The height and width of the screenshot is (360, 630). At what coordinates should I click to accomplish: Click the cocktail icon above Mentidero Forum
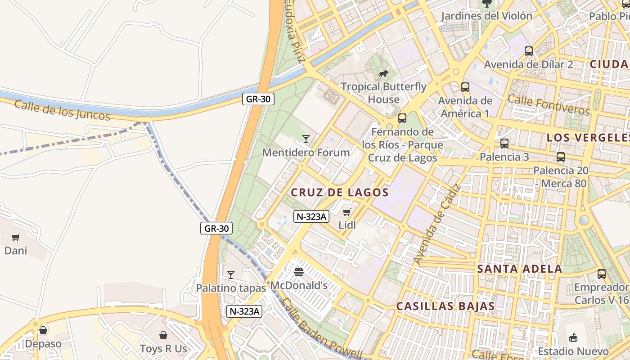click(306, 139)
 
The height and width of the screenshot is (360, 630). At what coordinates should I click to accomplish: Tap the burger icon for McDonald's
click(299, 272)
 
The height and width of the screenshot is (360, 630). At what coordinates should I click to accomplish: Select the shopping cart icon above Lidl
click(346, 212)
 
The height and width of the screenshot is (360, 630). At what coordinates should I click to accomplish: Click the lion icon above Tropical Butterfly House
click(383, 73)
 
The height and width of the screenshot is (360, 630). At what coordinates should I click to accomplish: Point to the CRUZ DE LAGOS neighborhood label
click(340, 193)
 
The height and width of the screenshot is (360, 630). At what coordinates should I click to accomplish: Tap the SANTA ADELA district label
click(519, 269)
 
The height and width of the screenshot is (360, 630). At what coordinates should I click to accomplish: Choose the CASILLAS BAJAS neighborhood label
click(445, 306)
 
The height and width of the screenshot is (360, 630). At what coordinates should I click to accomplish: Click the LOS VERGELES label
click(588, 138)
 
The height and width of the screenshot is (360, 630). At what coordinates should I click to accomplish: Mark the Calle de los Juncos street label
click(62, 110)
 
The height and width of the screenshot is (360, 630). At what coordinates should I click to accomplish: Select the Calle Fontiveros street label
click(549, 104)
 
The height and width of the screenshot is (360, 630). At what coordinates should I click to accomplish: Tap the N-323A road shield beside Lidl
click(311, 216)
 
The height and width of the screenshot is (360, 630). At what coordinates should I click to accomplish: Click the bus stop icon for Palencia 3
click(504, 144)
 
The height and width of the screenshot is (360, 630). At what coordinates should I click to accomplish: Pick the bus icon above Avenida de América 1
click(465, 87)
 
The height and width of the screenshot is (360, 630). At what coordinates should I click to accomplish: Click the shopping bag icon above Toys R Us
click(163, 335)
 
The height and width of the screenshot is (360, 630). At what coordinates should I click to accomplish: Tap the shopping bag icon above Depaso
click(43, 331)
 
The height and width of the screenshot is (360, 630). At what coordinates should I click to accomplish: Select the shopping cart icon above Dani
click(16, 237)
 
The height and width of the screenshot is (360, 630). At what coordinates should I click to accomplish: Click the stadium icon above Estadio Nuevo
click(573, 337)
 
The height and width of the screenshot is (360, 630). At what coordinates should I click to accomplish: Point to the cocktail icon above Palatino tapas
click(231, 274)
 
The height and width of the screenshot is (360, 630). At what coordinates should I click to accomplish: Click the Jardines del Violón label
click(486, 16)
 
